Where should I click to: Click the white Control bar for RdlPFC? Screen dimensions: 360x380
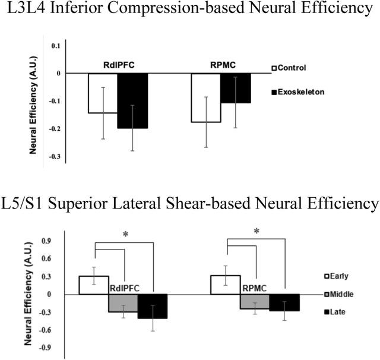tap(102, 93)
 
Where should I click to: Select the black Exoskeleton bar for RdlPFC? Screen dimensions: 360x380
tap(132, 100)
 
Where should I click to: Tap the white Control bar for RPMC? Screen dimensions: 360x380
tap(206, 97)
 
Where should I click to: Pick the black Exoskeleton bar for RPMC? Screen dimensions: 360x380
tap(235, 88)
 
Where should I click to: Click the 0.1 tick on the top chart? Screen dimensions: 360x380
tap(55, 46)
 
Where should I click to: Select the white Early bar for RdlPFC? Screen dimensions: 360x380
tap(94, 285)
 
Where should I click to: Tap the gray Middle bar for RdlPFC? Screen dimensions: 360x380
tap(123, 303)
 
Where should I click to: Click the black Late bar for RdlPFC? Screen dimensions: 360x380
tap(153, 307)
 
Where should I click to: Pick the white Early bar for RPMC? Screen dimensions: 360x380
tap(226, 285)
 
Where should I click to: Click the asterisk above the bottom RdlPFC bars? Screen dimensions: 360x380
tap(125, 235)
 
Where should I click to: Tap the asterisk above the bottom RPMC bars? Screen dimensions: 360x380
tap(256, 232)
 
